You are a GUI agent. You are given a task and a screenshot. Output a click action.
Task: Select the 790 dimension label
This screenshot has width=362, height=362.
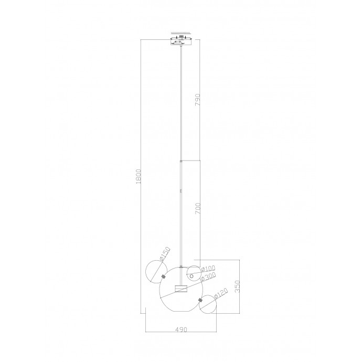(x=198, y=101)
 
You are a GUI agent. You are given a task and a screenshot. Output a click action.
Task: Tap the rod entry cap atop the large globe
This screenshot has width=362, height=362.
(x=181, y=267)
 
